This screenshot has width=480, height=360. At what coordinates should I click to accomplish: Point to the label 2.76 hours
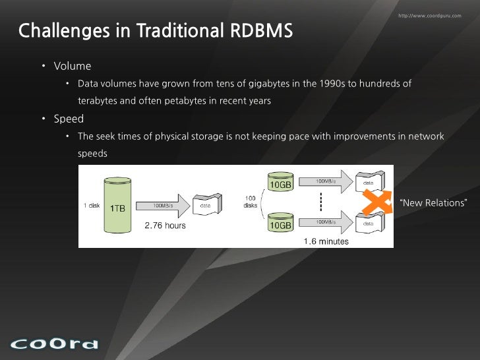(x=165, y=225)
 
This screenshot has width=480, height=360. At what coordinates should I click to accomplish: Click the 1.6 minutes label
(x=326, y=241)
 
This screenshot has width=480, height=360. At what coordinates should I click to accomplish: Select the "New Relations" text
(x=433, y=202)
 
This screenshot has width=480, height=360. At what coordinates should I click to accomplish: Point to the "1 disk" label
(x=92, y=205)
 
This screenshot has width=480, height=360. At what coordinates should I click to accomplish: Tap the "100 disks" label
(x=251, y=201)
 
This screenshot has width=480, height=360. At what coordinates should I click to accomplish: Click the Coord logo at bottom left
(x=54, y=343)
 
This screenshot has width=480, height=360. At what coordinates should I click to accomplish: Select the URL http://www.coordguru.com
(x=430, y=15)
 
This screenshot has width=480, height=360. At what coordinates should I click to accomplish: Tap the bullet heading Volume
(x=73, y=66)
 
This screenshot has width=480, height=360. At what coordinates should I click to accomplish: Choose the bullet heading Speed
(x=69, y=119)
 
